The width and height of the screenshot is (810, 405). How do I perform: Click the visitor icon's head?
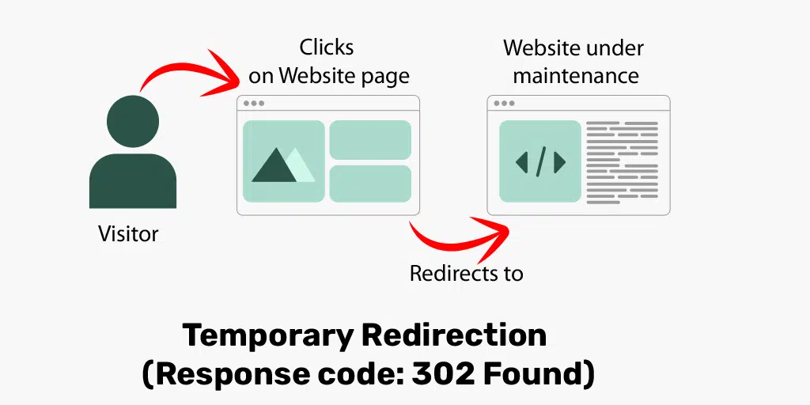132,122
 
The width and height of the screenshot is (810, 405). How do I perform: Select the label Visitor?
128,234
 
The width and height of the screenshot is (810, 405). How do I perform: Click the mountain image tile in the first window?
283,161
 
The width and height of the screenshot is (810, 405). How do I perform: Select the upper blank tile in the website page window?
370,140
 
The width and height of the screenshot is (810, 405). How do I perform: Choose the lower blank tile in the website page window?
370,184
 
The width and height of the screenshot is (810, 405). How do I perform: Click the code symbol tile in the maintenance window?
540,161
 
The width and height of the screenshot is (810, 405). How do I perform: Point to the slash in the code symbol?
541,161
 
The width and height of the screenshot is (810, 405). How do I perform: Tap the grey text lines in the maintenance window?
622,162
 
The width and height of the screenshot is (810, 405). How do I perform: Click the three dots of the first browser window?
254,104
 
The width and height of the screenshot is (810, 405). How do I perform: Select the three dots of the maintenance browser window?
504,104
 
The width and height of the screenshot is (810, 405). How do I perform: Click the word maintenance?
576,76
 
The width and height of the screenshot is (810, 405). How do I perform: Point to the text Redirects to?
466,274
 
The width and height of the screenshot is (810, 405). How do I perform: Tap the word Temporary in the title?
267,335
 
